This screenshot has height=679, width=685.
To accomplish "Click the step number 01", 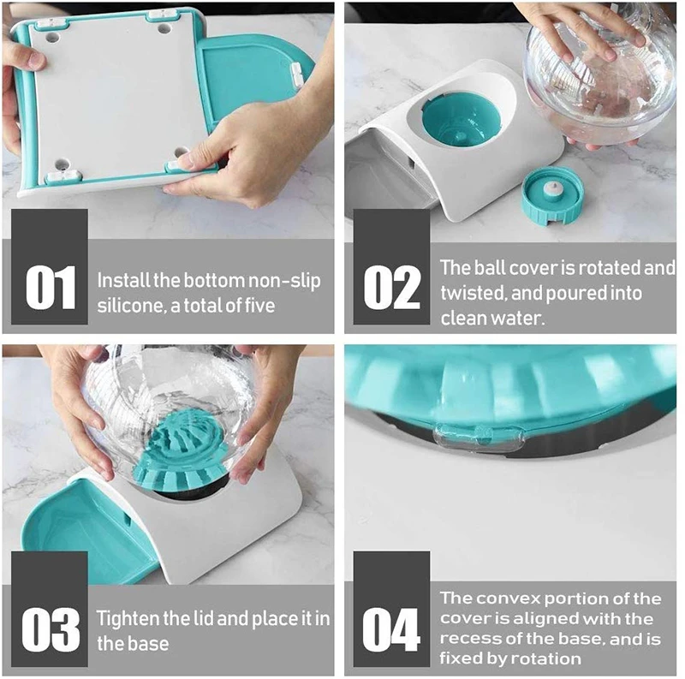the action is [x=51, y=286].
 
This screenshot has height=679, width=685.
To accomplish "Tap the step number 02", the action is [x=391, y=286].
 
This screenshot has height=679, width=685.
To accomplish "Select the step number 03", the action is [x=51, y=628].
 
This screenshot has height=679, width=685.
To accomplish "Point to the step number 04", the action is [x=391, y=628].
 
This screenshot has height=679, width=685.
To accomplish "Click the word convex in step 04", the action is [x=509, y=599].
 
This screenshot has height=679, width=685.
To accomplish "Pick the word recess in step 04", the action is [x=469, y=639].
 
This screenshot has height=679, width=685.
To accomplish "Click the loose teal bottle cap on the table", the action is [x=552, y=196].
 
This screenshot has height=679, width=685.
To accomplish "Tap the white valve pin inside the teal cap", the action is [x=553, y=189].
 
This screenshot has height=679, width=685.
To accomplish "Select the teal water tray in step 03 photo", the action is [x=85, y=528].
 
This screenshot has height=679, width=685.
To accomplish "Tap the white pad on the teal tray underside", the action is [x=297, y=74].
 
